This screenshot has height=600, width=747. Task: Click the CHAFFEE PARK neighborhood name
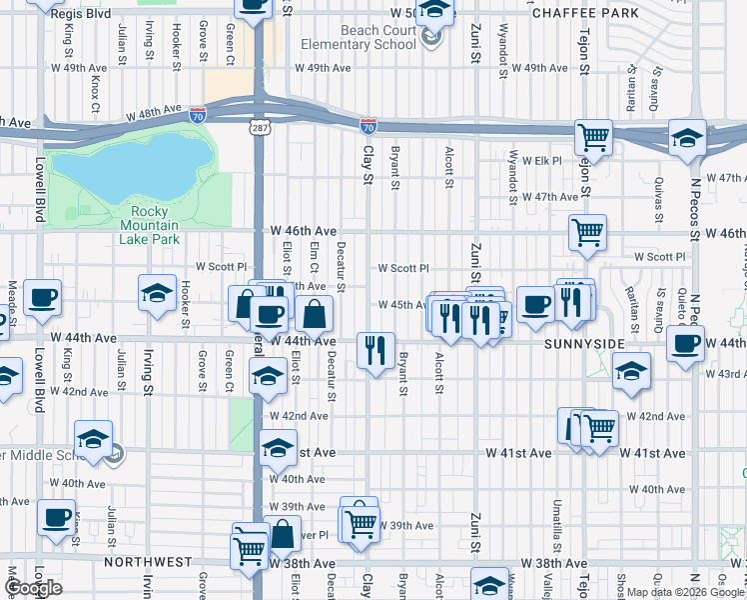pyautogui.click(x=598, y=13)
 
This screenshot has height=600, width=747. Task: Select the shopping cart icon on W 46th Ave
pyautogui.click(x=587, y=231)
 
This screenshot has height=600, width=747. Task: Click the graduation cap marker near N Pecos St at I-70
pyautogui.click(x=687, y=137)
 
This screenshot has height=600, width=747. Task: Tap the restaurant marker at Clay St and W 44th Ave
pyautogui.click(x=375, y=350)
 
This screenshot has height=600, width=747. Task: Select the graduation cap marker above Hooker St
pyautogui.click(x=157, y=292)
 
